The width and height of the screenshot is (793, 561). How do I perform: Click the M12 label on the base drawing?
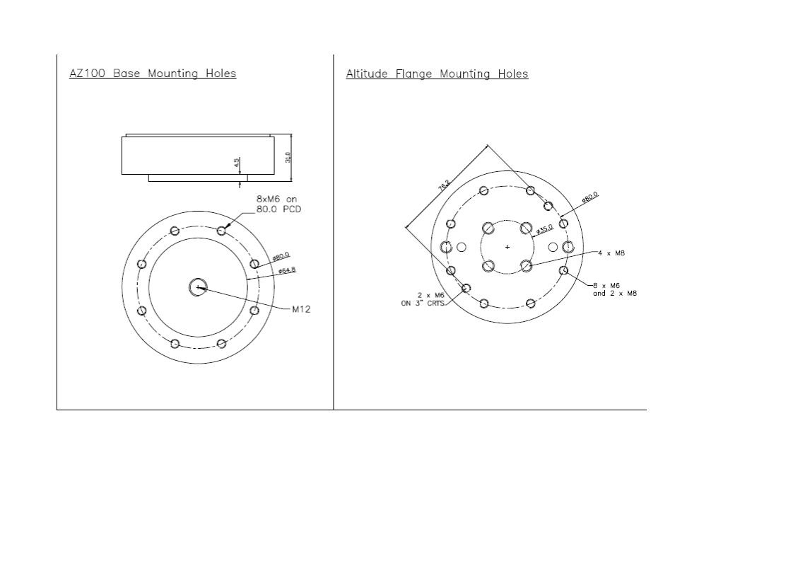(301, 309)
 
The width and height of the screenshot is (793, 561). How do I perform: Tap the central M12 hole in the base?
(198, 287)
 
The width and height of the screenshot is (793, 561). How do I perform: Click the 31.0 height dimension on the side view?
(288, 157)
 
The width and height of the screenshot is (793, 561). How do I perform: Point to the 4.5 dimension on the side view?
(237, 163)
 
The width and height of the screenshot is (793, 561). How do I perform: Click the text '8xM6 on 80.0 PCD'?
(278, 204)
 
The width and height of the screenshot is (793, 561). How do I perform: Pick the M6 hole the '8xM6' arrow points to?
(221, 231)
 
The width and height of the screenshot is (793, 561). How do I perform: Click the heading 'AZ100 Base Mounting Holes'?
(153, 74)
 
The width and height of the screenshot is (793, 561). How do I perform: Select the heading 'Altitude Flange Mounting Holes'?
(437, 74)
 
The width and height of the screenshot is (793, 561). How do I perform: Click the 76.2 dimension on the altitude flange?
(444, 186)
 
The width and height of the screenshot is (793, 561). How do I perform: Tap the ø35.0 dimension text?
(544, 229)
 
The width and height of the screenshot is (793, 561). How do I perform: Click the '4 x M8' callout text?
(611, 253)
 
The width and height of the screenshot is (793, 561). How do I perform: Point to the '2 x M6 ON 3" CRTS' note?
(423, 299)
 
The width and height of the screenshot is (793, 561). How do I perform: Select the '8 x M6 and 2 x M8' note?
(614, 289)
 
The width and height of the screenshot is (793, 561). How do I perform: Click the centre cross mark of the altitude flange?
(507, 247)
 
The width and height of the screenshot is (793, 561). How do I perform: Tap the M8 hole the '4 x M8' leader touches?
(526, 265)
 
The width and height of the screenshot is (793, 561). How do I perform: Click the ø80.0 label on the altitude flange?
(589, 197)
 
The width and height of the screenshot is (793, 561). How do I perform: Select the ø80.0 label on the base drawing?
(281, 257)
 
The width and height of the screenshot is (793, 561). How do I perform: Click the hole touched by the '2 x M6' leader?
(466, 288)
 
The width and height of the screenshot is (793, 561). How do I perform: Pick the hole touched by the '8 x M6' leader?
(563, 270)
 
